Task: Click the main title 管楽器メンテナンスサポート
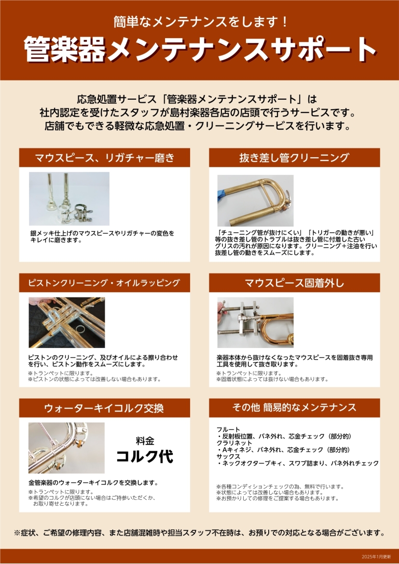(x=200, y=49)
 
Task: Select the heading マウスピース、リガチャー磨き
(x=104, y=158)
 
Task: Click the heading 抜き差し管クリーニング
(x=294, y=158)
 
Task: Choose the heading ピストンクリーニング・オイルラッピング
(x=104, y=282)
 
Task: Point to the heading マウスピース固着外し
(x=294, y=283)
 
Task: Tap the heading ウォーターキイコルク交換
(x=104, y=408)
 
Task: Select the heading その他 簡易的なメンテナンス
(x=294, y=407)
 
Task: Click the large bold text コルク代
(x=145, y=456)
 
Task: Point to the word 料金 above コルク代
(x=145, y=441)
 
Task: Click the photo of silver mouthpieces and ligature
(x=69, y=199)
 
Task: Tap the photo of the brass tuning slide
(x=255, y=201)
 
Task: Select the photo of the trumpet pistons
(x=67, y=322)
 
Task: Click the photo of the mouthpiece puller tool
(x=255, y=322)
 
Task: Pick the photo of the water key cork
(x=67, y=448)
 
